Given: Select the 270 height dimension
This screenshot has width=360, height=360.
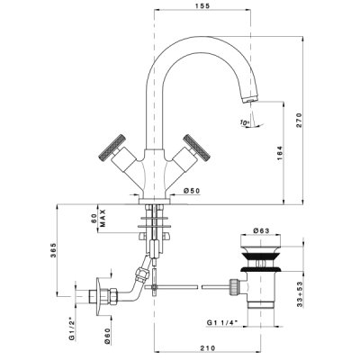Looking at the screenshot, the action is point(300,121).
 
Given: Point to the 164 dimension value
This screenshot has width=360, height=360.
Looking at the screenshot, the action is point(280,153).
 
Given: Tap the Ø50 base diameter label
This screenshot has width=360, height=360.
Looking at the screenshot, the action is point(192,190).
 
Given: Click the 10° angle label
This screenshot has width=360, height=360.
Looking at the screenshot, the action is point(245,122).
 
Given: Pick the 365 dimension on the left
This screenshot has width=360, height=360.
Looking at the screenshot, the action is point(53,250).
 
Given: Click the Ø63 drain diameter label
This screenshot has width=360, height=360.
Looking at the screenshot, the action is point(261,230).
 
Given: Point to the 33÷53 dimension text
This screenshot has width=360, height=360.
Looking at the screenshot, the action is point(300,294).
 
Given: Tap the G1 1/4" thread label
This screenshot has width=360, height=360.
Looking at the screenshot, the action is point(222,322).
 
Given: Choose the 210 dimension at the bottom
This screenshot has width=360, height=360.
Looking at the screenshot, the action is point(209,348).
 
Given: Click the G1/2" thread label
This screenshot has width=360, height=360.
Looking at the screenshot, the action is point(71,329).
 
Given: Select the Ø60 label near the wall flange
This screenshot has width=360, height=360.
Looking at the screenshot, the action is point(108,335).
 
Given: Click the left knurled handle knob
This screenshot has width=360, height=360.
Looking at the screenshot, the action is point(112,146).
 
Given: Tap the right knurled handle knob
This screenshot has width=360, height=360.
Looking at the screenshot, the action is point(197,147).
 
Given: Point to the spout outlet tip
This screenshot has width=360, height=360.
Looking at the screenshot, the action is point(249,99).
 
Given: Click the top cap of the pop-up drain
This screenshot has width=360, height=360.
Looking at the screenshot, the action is point(261,240).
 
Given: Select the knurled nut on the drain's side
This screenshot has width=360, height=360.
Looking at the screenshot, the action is point(234,287).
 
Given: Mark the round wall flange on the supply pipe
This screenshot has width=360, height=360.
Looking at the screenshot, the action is point(98,296).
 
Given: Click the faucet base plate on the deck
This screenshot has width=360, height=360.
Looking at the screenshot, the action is point(154,201).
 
